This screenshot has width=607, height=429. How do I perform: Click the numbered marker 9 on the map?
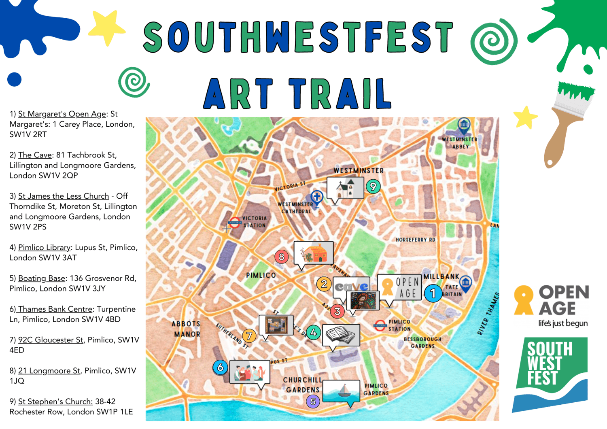pyautogui.click(x=373, y=187)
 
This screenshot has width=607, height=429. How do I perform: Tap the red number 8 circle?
pyautogui.click(x=282, y=257)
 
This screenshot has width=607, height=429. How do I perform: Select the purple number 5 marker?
pyautogui.click(x=313, y=401)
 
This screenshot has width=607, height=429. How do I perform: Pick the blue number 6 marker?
pyautogui.click(x=221, y=367)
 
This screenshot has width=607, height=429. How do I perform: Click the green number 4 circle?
pyautogui.click(x=313, y=333)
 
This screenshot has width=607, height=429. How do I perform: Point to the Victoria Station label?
pyautogui.click(x=255, y=222)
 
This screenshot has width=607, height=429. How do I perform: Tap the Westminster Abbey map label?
pyautogui.click(x=460, y=143)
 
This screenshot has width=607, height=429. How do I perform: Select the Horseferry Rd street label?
pyautogui.click(x=416, y=240)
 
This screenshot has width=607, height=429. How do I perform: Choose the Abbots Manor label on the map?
pyautogui.click(x=187, y=329)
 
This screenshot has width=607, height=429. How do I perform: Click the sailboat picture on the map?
pyautogui.click(x=341, y=391)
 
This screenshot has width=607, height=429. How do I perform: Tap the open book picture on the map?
pyautogui.click(x=341, y=335)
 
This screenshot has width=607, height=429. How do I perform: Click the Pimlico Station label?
pyautogui.click(x=399, y=325)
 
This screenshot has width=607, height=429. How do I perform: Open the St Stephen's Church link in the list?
pyautogui.click(x=55, y=401)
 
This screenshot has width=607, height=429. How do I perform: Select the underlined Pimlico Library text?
pyautogui.click(x=44, y=247)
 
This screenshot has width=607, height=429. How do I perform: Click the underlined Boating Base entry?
pyautogui.click(x=42, y=278)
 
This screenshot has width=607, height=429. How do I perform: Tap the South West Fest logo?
pyautogui.click(x=550, y=374)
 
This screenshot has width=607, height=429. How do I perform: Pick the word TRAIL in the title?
pyautogui.click(x=340, y=94)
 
